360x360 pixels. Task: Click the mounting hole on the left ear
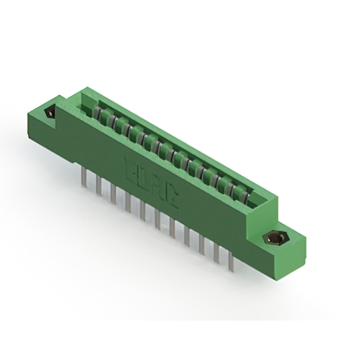pos(49,112)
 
